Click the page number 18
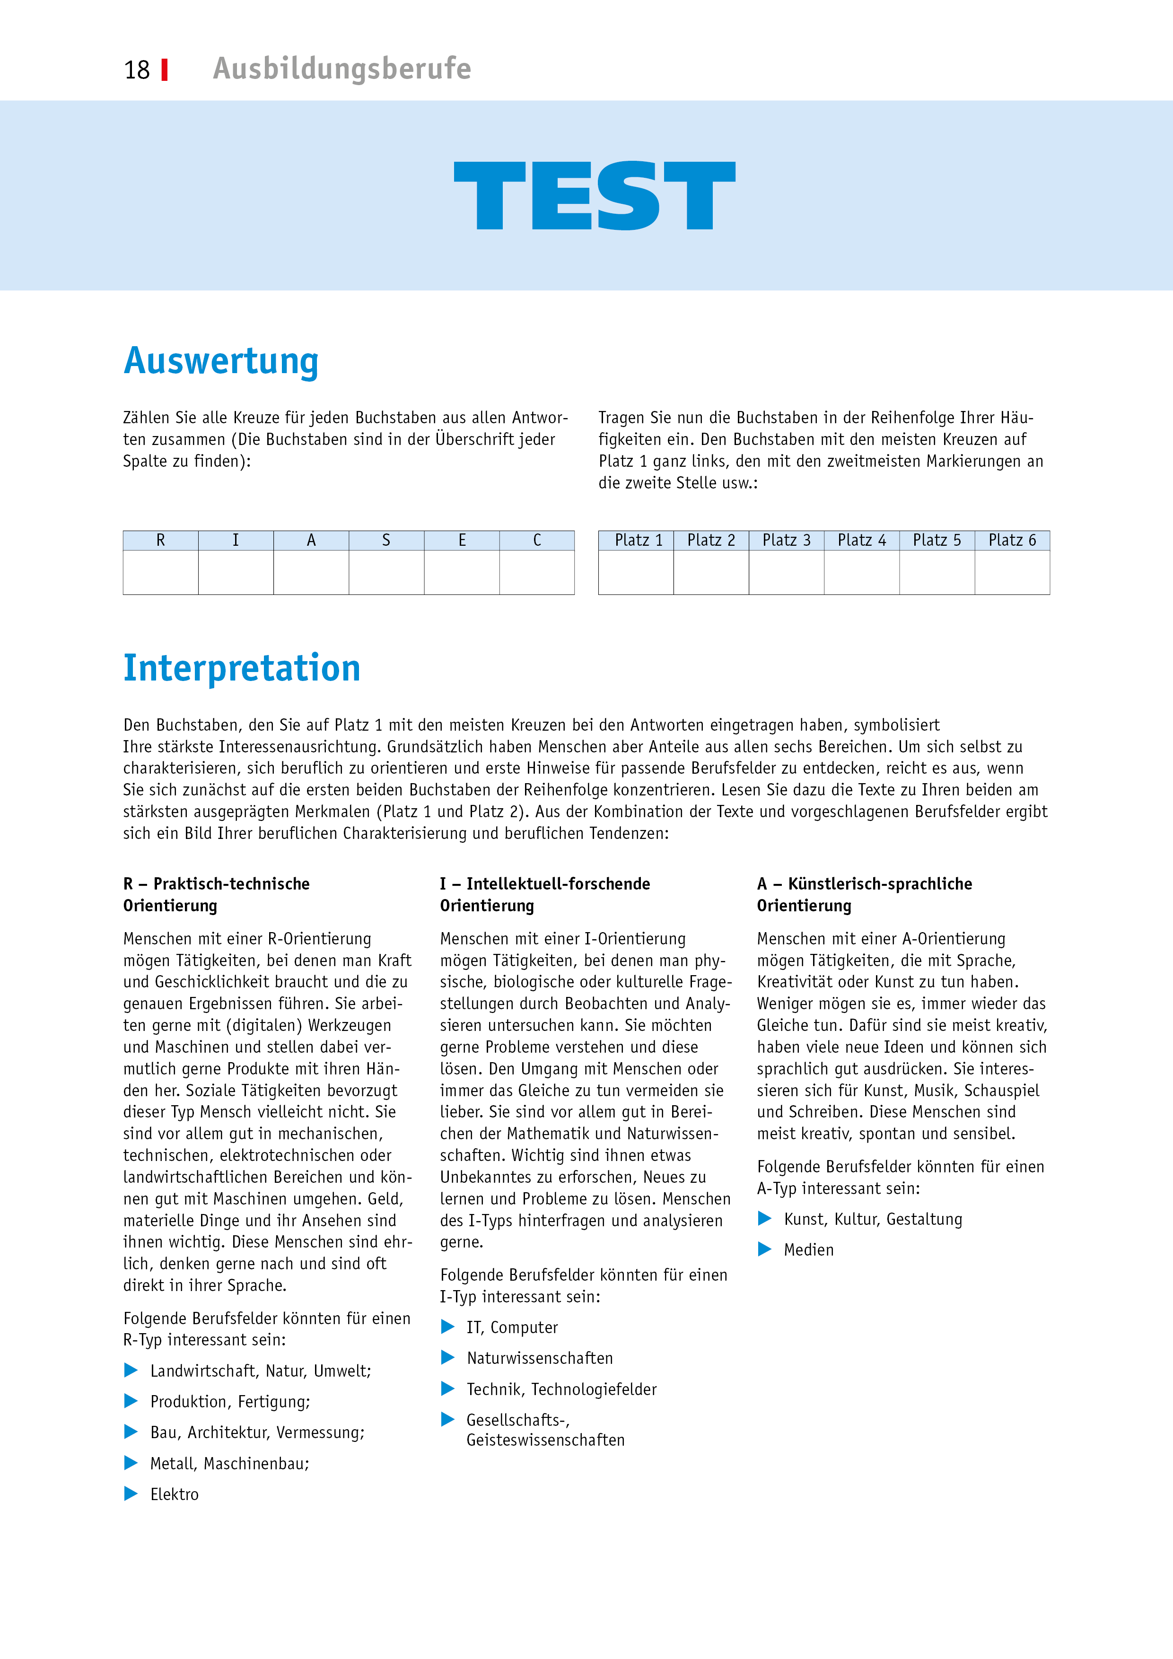(137, 70)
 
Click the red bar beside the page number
(165, 70)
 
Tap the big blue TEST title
(594, 196)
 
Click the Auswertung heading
(221, 361)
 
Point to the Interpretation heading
(241, 668)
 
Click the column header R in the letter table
(160, 541)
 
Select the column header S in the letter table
(386, 541)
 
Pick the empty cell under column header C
(536, 572)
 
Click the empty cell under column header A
(311, 572)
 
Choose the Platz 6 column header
(1012, 541)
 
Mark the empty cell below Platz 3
(787, 572)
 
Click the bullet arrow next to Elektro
(131, 1493)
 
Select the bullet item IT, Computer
(512, 1327)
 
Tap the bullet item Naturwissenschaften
(539, 1358)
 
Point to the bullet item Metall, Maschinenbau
(229, 1463)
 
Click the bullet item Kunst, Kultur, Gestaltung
(872, 1219)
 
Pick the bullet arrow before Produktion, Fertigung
(131, 1401)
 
